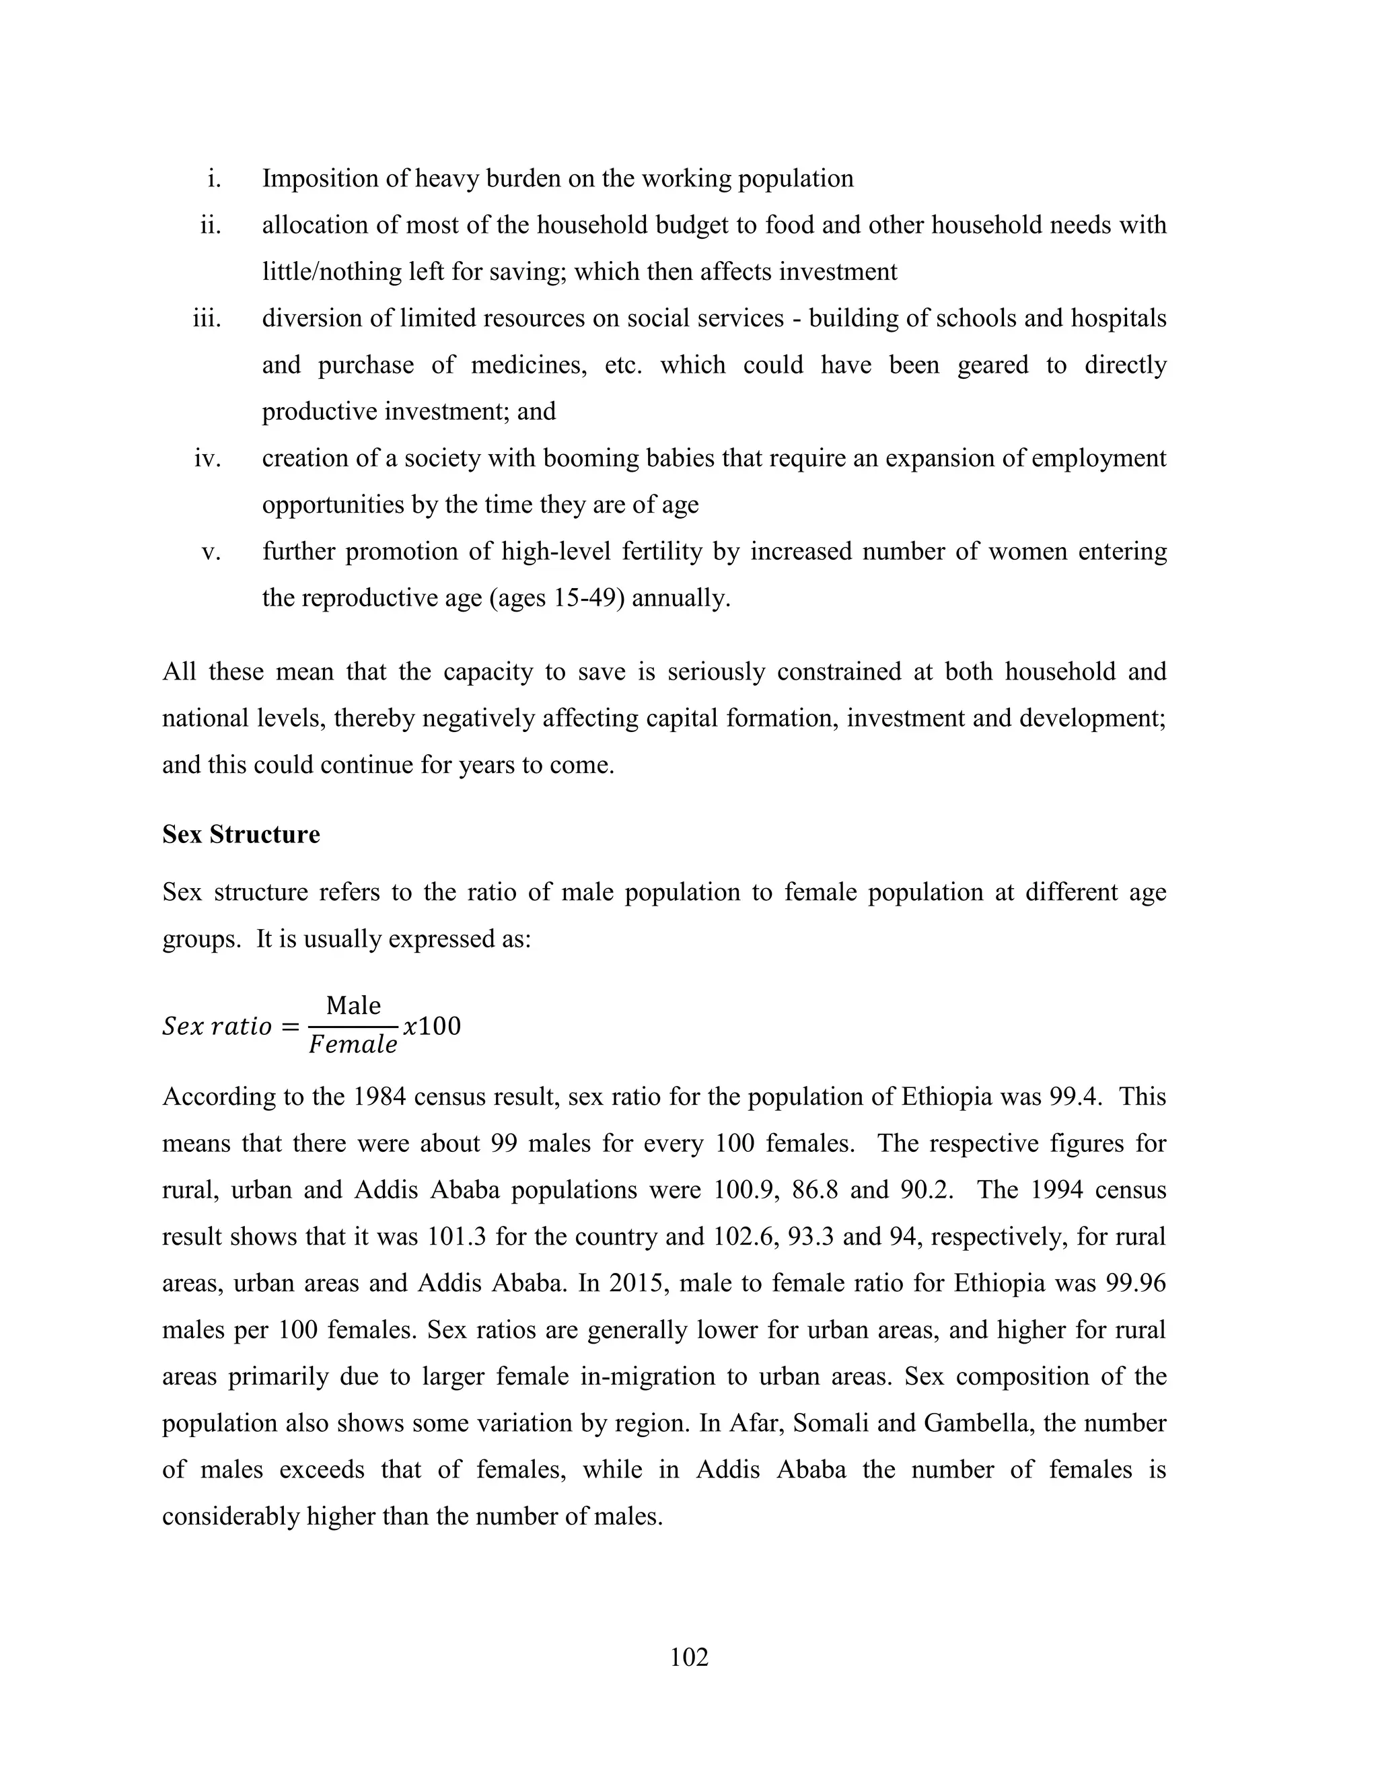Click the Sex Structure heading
click(x=241, y=834)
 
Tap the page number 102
click(x=688, y=1657)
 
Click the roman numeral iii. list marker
click(x=207, y=318)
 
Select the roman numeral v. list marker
click(x=211, y=552)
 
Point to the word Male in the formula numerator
click(x=353, y=1005)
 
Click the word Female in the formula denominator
click(x=353, y=1046)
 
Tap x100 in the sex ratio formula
click(x=432, y=1025)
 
